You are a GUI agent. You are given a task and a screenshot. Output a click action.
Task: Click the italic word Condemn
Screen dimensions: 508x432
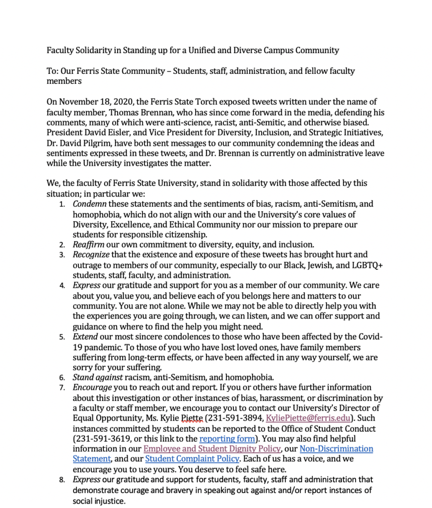coord(89,204)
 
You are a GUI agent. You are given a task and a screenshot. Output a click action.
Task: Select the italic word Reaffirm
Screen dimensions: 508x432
coord(88,245)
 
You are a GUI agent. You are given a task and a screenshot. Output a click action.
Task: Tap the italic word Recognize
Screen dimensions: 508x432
coord(91,255)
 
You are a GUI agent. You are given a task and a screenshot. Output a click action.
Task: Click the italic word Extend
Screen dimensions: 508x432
coord(85,337)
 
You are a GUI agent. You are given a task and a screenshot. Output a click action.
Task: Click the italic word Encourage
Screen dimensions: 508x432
coord(92,387)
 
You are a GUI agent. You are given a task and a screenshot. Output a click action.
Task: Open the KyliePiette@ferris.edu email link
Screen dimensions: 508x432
coord(309,418)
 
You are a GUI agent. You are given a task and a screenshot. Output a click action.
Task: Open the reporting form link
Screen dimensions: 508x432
coord(227,439)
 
